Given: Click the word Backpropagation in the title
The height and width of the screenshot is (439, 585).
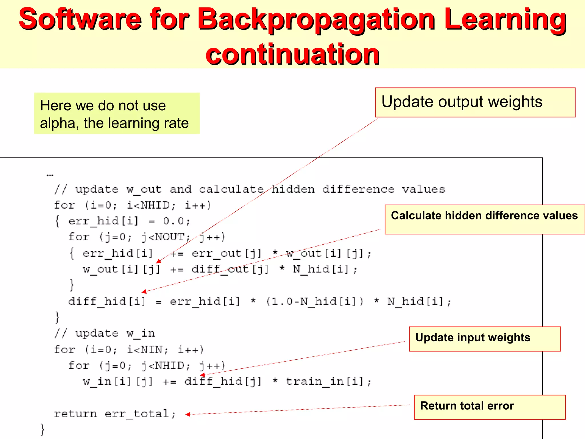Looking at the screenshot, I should (x=316, y=19).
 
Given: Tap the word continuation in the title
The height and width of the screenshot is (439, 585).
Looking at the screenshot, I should (x=292, y=54).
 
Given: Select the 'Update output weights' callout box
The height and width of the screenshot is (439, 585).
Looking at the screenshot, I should (x=475, y=102).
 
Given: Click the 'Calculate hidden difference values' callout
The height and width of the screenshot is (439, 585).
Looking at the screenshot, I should (x=484, y=219).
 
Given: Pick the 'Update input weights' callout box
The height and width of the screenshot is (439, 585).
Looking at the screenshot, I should (x=484, y=339).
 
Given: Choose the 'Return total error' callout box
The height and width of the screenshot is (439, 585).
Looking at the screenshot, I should (x=489, y=407).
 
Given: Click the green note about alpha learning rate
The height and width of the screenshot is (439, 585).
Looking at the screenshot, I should (x=117, y=113).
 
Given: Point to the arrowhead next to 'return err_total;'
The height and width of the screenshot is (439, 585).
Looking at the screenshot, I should (x=188, y=414).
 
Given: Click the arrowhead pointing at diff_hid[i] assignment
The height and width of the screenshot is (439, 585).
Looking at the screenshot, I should (x=144, y=291).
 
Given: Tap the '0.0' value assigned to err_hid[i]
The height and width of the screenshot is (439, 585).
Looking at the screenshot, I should (x=173, y=221).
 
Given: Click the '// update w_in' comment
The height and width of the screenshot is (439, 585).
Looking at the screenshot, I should (x=105, y=333).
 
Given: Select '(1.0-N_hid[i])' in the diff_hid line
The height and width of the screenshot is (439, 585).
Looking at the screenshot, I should (x=315, y=302).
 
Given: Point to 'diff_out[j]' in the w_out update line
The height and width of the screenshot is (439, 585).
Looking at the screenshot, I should (x=230, y=269).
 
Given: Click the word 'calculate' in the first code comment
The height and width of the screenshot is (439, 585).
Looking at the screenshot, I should (x=231, y=189).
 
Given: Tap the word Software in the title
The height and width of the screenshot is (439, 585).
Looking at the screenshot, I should (x=80, y=19).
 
